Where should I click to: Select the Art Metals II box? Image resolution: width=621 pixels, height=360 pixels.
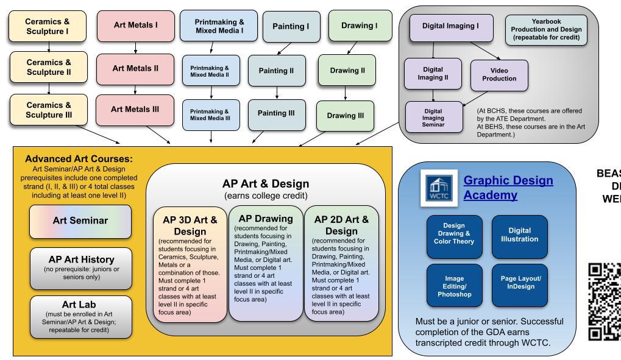pyautogui.click(x=135, y=69)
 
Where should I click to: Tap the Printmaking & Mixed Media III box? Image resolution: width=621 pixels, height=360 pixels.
pyautogui.click(x=210, y=115)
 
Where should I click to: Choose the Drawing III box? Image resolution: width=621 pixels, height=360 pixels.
pyautogui.click(x=346, y=116)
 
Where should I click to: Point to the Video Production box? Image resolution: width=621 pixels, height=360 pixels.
pyautogui.click(x=499, y=74)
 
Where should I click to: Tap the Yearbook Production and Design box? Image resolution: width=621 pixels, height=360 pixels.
pyautogui.click(x=545, y=29)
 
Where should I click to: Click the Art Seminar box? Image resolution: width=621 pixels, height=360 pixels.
pyautogui.click(x=80, y=221)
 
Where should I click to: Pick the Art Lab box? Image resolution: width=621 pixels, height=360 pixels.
pyautogui.click(x=80, y=316)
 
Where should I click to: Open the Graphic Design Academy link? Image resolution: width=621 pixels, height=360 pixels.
pyautogui.click(x=508, y=188)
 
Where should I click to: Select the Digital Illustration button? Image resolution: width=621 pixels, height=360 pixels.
pyautogui.click(x=519, y=235)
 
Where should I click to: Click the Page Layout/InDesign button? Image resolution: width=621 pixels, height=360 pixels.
pyautogui.click(x=519, y=284)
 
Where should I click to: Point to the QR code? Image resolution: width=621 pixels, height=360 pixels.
pyautogui.click(x=604, y=302)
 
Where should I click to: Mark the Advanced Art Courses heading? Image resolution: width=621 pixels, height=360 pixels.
pyautogui.click(x=79, y=159)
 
